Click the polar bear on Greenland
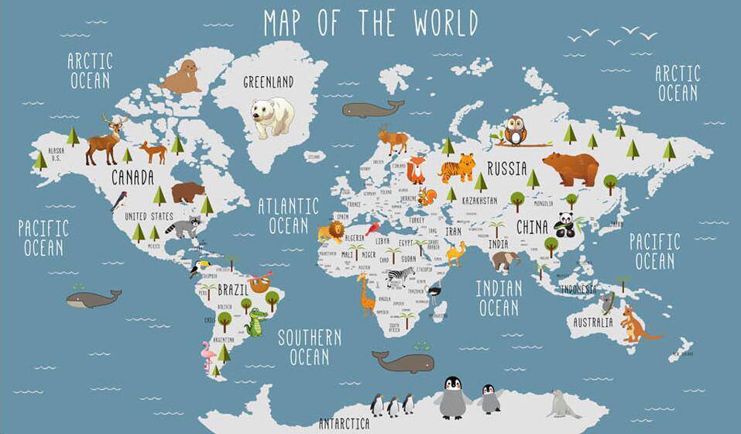coord(271,115)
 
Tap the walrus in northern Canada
coord(182,78)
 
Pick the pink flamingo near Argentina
coord(208,356)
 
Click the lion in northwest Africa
coord(330,232)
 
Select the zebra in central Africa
coord(396,277)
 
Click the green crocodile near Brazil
coord(256,322)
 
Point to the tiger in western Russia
coord(457,167)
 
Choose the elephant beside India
coord(506,260)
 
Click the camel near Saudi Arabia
coord(455,253)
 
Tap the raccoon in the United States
coord(184,228)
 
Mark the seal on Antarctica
coord(564,405)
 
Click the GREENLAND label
coord(268,81)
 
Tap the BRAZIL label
coord(233,290)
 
